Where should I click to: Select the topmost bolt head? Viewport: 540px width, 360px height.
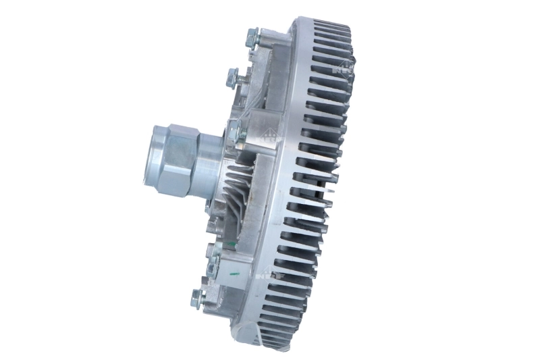point(252,37)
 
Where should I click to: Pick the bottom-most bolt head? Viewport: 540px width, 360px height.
point(198,296)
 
